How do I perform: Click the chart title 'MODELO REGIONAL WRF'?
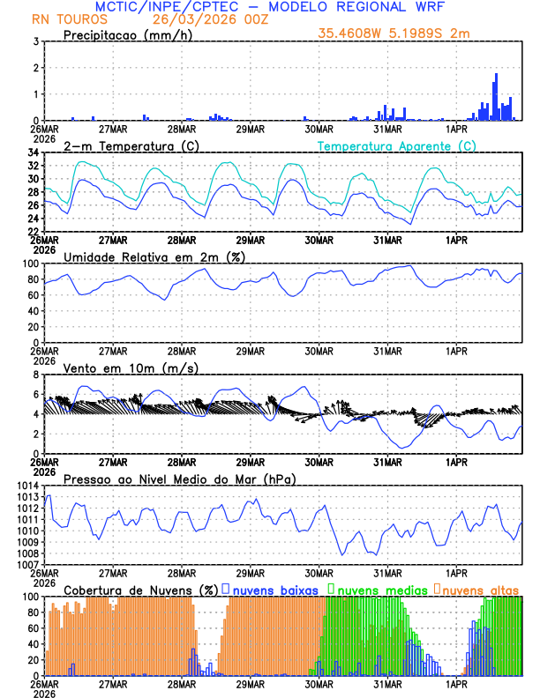pos(372,7)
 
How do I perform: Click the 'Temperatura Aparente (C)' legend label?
pos(397,146)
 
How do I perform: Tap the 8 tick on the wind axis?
pos(35,375)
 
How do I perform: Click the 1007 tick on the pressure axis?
pos(26,564)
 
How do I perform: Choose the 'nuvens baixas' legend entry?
pos(274,589)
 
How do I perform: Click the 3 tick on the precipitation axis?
pos(35,42)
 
